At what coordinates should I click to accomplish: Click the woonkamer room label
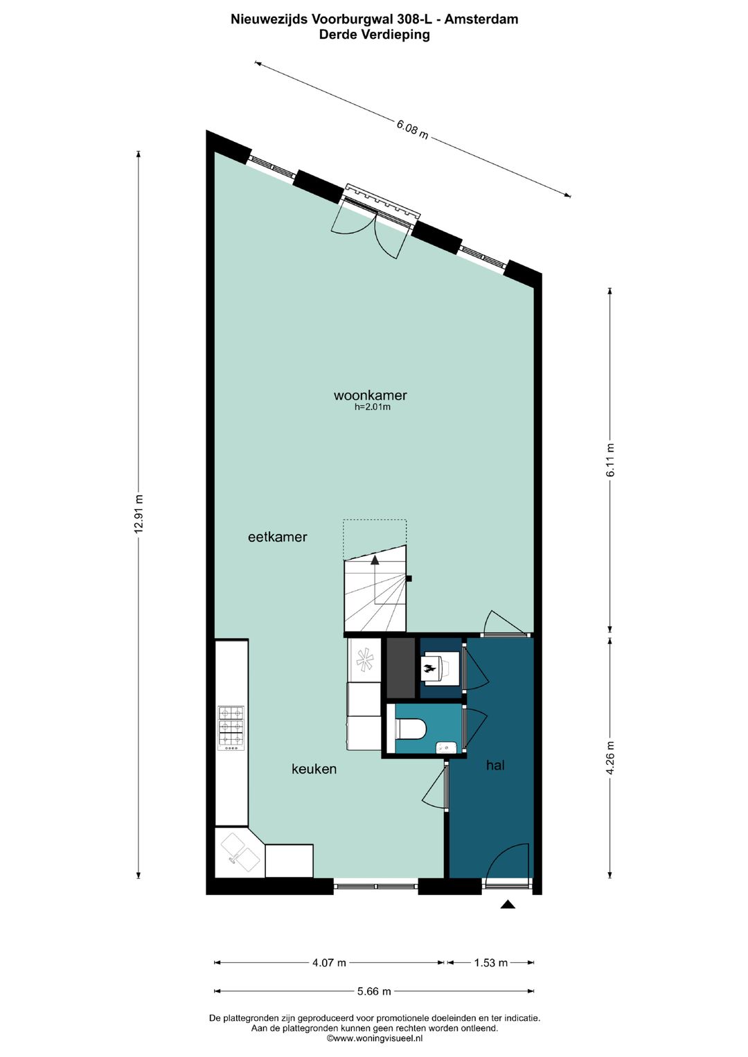[370, 396]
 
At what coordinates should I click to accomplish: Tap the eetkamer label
[277, 537]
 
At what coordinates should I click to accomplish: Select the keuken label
[314, 769]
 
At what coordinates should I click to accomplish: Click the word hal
[495, 765]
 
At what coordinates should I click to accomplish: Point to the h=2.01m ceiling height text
[373, 407]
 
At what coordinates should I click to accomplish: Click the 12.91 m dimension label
[139, 513]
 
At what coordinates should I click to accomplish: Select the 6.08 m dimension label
[412, 129]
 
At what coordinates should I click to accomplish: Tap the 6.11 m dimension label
[610, 460]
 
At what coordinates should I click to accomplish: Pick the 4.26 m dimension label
[610, 758]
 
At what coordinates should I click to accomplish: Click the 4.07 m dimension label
[329, 963]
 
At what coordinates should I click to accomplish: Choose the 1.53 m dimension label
[490, 963]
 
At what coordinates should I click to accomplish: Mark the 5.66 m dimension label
[374, 991]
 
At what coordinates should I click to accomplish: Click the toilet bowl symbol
[413, 729]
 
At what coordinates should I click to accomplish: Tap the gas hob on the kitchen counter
[231, 728]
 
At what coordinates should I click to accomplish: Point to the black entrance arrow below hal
[508, 904]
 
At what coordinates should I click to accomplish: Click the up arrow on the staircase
[375, 559]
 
